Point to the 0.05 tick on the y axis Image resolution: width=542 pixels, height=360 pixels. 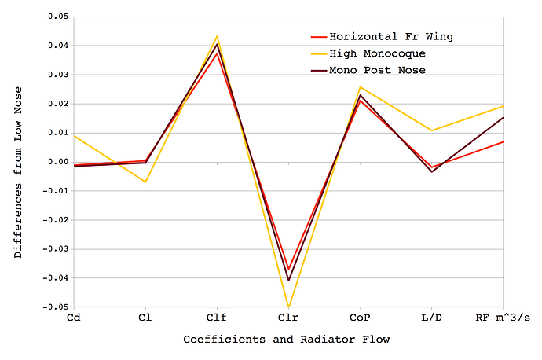(57, 17)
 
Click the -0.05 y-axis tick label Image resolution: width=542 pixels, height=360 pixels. (55, 307)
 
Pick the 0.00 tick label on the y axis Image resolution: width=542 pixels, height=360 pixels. (57, 162)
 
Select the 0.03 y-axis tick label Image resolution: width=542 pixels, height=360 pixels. (57, 75)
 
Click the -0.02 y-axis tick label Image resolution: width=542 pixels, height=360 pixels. (55, 220)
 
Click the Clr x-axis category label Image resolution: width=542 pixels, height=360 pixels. (288, 319)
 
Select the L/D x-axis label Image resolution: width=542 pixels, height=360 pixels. (431, 319)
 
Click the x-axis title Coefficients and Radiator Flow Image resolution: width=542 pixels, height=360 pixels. (286, 340)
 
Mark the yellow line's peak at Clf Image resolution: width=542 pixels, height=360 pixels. (217, 36)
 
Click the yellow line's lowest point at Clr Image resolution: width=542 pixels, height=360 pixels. (288, 307)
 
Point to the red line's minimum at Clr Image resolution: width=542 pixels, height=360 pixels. (288, 270)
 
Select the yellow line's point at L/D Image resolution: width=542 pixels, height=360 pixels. (431, 130)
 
